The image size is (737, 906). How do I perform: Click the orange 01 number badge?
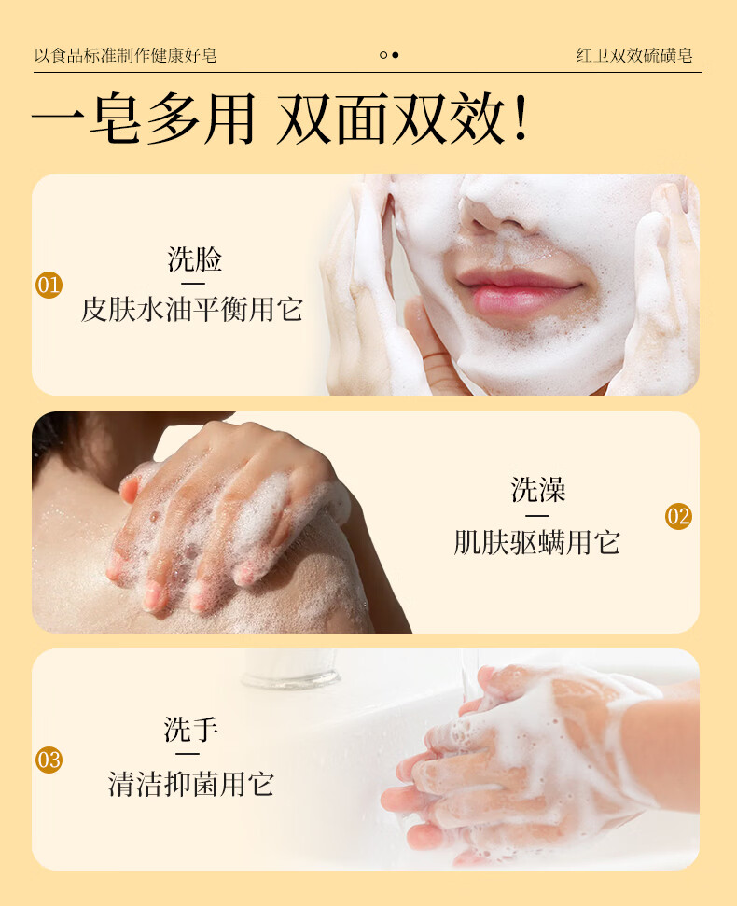pyautogui.click(x=49, y=285)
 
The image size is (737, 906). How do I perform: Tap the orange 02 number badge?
pyautogui.click(x=678, y=516)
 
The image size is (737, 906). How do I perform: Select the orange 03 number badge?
pyautogui.click(x=49, y=760)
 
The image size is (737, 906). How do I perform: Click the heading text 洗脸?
pyautogui.click(x=194, y=259)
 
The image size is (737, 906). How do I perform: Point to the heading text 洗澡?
pyautogui.click(x=538, y=490)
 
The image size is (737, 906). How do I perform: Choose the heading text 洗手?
pyautogui.click(x=191, y=729)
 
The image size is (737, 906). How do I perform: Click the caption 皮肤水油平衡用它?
pyautogui.click(x=192, y=309)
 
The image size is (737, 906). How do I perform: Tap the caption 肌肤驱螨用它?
pyautogui.click(x=536, y=542)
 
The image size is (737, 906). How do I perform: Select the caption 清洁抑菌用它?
pyautogui.click(x=191, y=783)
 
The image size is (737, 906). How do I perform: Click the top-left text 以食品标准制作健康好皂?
pyautogui.click(x=125, y=55)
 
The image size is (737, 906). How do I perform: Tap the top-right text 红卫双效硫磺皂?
pyautogui.click(x=633, y=55)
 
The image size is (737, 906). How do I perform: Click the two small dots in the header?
pyautogui.click(x=389, y=55)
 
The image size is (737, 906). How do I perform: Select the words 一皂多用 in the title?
pyautogui.click(x=144, y=122)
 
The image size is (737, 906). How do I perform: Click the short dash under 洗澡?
pyautogui.click(x=537, y=515)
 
